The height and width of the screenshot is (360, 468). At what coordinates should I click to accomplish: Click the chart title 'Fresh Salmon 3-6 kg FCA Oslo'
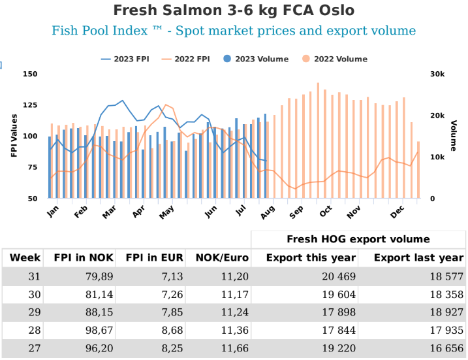[x=234, y=10]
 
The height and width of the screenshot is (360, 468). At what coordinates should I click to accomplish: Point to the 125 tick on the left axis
[x=30, y=105]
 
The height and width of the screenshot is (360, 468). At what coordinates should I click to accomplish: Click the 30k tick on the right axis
[x=437, y=74]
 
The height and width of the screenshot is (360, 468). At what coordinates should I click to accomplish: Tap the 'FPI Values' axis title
[x=14, y=135]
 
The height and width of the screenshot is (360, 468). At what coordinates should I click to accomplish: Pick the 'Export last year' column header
[x=418, y=257]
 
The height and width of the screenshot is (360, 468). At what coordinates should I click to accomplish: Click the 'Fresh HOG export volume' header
[x=358, y=239]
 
